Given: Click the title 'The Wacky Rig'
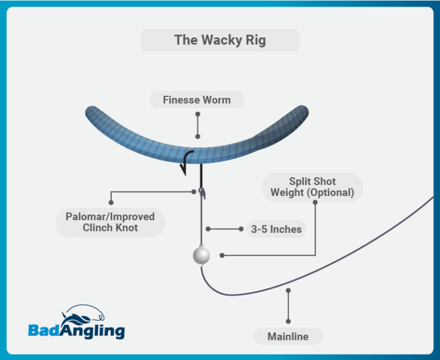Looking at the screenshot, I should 219,41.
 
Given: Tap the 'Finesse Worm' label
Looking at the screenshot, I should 197,100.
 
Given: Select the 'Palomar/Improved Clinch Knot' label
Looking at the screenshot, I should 110,222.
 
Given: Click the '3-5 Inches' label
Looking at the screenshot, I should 276,229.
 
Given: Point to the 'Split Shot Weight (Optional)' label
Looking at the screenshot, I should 312,187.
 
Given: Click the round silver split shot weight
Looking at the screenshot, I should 201,256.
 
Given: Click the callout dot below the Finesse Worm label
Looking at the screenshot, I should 197,136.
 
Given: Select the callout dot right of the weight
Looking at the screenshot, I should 222,255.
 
